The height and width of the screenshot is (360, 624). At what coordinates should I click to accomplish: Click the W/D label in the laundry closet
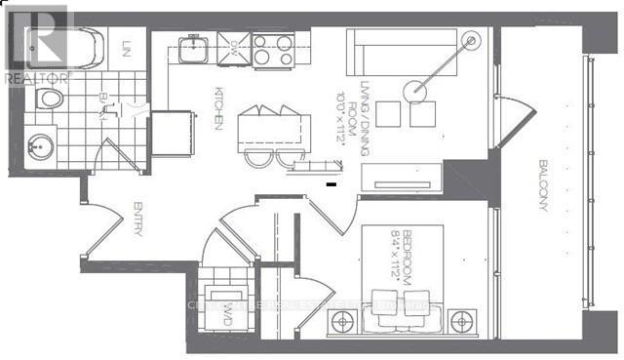226,312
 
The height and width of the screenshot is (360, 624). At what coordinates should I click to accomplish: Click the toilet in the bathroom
48,99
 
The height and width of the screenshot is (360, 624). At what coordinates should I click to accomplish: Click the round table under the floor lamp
420,89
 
